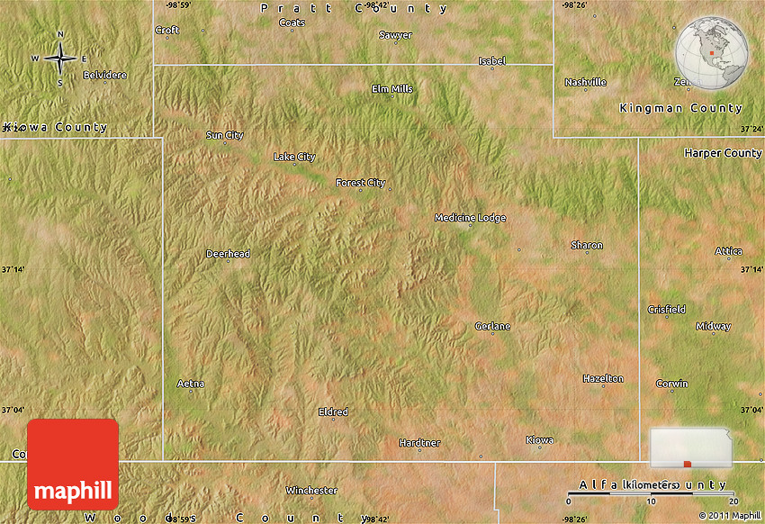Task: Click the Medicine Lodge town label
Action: click(470, 218)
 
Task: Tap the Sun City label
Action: click(225, 136)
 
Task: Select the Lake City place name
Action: click(294, 158)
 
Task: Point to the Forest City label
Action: click(360, 183)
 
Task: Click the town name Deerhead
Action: click(228, 254)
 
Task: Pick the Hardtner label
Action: click(419, 443)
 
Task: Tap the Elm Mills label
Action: click(392, 89)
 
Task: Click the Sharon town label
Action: click(587, 245)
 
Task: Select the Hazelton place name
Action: click(603, 379)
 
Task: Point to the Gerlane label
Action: click(492, 326)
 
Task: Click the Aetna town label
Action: click(191, 384)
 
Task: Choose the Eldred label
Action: click(333, 412)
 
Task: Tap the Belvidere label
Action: click(104, 75)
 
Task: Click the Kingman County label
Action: click(681, 108)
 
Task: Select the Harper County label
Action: click(723, 153)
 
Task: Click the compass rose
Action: click(60, 58)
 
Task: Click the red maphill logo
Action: click(73, 465)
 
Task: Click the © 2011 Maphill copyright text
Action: click(729, 517)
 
